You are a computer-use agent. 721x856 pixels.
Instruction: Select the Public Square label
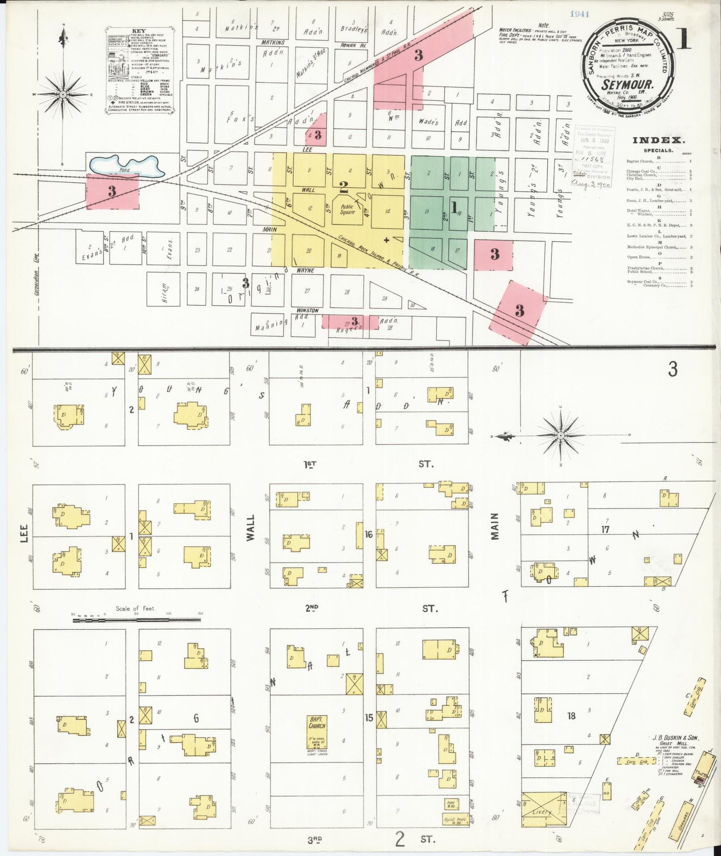point(348,209)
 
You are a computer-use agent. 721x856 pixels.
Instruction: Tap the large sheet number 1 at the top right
point(684,38)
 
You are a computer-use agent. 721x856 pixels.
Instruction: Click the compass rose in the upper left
point(63,94)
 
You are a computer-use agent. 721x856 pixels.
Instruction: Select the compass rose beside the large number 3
point(560,435)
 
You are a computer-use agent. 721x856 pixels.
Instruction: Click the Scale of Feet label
point(135,608)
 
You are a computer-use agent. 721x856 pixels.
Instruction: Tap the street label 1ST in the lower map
point(310,464)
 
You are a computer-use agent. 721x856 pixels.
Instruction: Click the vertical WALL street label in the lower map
point(250,528)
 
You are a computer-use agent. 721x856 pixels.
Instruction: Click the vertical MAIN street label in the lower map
point(494,526)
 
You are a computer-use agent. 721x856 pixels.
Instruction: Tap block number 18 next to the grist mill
point(571,716)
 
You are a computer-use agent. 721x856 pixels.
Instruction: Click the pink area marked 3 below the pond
point(112,191)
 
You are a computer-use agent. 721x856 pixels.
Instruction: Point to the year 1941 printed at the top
point(580,14)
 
